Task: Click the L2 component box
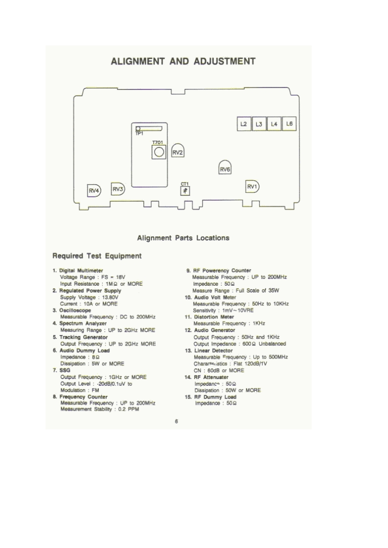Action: pyautogui.click(x=244, y=125)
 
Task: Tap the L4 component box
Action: pyautogui.click(x=274, y=125)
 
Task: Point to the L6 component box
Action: pyautogui.click(x=290, y=124)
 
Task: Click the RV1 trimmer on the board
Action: pyautogui.click(x=252, y=187)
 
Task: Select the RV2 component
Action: pyautogui.click(x=177, y=152)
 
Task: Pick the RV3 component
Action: pyautogui.click(x=118, y=189)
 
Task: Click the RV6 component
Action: pyautogui.click(x=225, y=169)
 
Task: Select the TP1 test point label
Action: pyautogui.click(x=139, y=133)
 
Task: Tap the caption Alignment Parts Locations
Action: pyautogui.click(x=183, y=238)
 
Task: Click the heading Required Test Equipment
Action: pyautogui.click(x=97, y=256)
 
